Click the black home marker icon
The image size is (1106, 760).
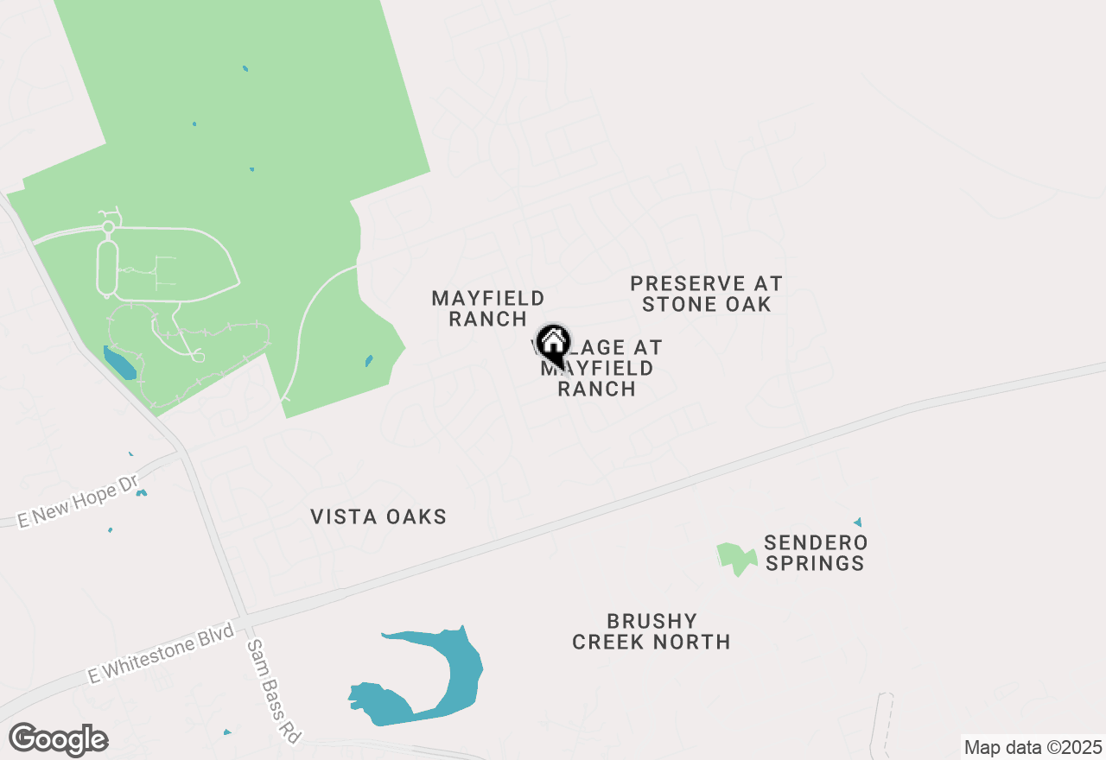pos(553,345)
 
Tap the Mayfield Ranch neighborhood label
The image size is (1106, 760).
pos(488,308)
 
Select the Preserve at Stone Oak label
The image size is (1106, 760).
pos(706,294)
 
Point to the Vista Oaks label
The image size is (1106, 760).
pos(378,516)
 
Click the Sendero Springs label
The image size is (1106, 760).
pos(815,553)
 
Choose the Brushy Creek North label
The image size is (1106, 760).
pos(652,631)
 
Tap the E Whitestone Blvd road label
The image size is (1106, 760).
pos(161,653)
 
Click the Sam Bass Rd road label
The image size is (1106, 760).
pos(273,692)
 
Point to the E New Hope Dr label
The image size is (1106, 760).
pos(79,502)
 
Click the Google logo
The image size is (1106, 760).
pos(59,740)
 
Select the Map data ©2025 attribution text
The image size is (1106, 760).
pos(1033,747)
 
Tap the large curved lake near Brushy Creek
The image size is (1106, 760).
pos(458,674)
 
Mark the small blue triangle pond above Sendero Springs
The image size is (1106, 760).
pos(858,522)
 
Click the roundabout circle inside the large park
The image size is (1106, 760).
pos(108,227)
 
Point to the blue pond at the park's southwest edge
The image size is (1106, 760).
pos(119,363)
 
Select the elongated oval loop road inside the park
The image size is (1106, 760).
pos(108,269)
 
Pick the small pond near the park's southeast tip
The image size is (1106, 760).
pos(369,360)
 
